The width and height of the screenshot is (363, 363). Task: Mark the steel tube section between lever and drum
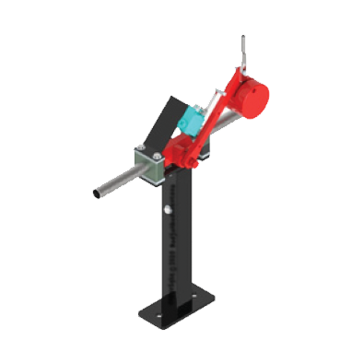(x=221, y=128)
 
